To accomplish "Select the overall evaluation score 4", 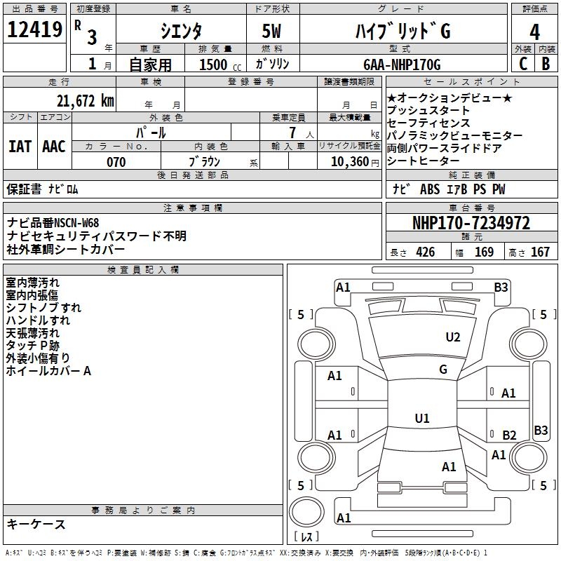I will point(535,32).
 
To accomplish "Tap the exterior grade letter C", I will point(522,64).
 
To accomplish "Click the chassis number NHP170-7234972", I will point(471,224).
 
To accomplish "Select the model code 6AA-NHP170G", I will point(402,65).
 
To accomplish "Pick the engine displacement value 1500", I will point(213,65).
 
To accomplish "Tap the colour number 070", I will point(116,162).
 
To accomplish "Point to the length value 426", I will point(424,252).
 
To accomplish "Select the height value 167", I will point(540,252).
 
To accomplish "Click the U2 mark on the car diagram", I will point(453,337).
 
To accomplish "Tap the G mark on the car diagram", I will point(443,370).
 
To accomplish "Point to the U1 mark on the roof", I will point(422,419).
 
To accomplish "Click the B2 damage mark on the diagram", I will point(509,435).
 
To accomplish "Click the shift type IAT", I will point(20,146).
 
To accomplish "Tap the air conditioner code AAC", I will point(53,146).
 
